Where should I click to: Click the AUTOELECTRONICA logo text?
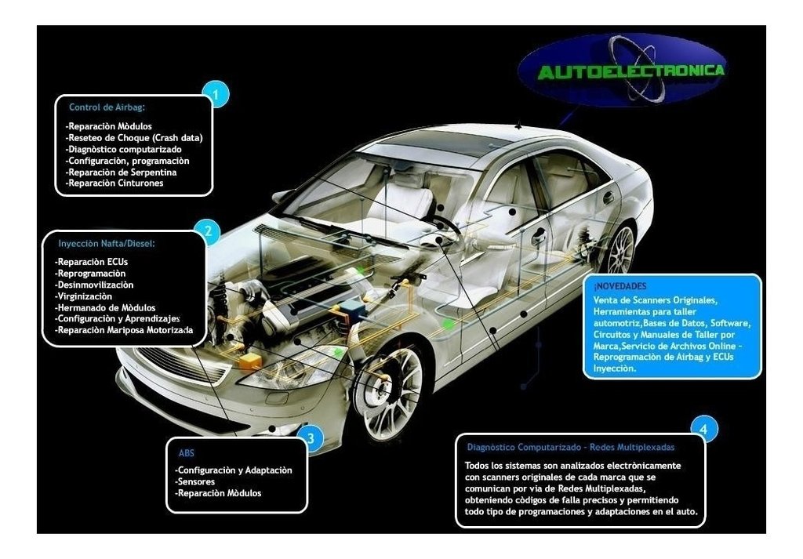pyautogui.click(x=631, y=71)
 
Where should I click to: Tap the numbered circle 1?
pyautogui.click(x=216, y=94)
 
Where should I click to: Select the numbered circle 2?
pyautogui.click(x=207, y=231)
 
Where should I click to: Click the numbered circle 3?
pyautogui.click(x=311, y=438)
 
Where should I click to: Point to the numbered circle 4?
pyautogui.click(x=703, y=429)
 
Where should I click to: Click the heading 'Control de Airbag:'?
pyautogui.click(x=107, y=107)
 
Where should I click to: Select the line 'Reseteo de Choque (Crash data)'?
pyautogui.click(x=134, y=138)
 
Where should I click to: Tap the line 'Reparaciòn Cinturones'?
pyautogui.click(x=114, y=183)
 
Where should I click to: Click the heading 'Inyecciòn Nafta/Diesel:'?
pyautogui.click(x=107, y=244)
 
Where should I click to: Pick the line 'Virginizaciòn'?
pyautogui.click(x=83, y=296)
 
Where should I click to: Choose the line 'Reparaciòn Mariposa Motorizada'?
pyautogui.click(x=124, y=330)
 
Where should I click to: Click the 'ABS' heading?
pyautogui.click(x=187, y=453)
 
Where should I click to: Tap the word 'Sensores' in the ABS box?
pyautogui.click(x=195, y=481)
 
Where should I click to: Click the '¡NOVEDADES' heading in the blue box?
pyautogui.click(x=620, y=286)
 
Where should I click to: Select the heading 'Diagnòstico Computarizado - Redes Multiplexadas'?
pyautogui.click(x=571, y=448)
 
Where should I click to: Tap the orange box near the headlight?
pyautogui.click(x=249, y=361)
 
